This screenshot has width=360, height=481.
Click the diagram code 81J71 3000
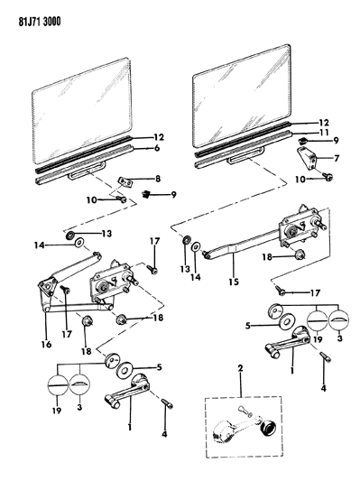(40, 22)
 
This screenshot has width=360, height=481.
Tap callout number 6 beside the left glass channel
(157, 148)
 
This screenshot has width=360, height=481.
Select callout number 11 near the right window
(324, 133)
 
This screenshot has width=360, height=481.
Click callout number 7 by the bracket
(337, 158)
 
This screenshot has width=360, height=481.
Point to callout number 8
(158, 179)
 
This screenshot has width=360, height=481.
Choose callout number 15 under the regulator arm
(234, 282)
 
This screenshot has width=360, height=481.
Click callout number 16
(47, 345)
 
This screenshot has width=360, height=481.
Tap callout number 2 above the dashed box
(240, 368)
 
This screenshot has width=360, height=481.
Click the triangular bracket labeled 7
(308, 158)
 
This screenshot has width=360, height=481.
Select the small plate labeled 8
(125, 182)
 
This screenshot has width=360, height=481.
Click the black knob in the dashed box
(268, 428)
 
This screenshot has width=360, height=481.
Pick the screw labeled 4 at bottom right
(326, 357)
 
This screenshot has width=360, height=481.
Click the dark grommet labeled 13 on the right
(186, 240)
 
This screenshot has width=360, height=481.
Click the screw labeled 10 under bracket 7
(327, 176)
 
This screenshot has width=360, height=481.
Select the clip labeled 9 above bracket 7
(303, 141)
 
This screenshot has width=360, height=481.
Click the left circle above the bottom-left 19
(58, 384)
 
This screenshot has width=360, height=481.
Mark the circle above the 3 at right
(339, 320)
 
